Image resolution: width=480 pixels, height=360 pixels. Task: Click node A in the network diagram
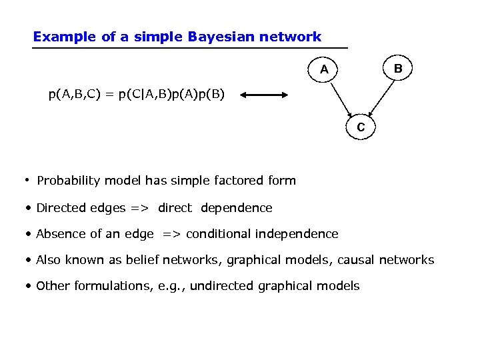[x=324, y=69]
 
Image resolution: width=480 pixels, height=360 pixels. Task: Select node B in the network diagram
[x=398, y=68]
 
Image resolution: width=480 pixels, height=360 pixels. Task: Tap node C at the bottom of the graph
[x=361, y=127]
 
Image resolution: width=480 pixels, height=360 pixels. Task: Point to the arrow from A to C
[x=341, y=97]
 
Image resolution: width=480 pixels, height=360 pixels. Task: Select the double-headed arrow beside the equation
[x=265, y=95]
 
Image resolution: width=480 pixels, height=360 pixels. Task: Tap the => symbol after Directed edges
[x=139, y=208]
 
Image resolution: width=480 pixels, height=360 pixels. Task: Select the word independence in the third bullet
[x=295, y=234]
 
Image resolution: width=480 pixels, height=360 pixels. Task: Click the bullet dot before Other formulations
[x=29, y=286]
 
